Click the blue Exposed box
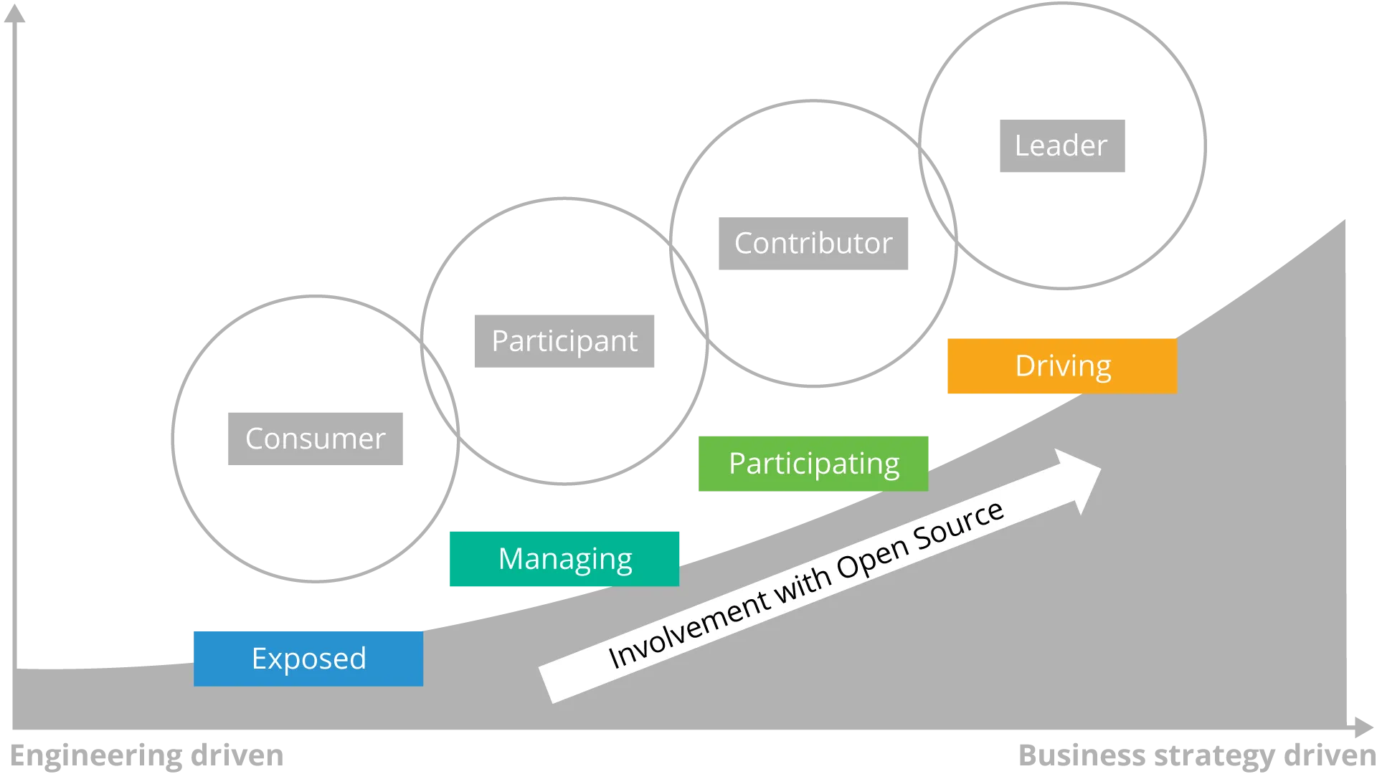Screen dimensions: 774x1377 coord(308,658)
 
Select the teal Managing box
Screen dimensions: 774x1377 coord(564,559)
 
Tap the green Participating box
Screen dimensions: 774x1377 coord(813,464)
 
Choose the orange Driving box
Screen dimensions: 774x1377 coord(1062,366)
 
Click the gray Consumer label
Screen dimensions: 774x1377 coord(316,439)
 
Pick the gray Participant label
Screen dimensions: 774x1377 coord(564,341)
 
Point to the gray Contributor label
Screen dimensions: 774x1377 coord(814,244)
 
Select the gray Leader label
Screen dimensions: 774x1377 coord(1064,146)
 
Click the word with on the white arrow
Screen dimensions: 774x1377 coord(803,586)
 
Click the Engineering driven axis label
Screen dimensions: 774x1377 coord(149,756)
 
